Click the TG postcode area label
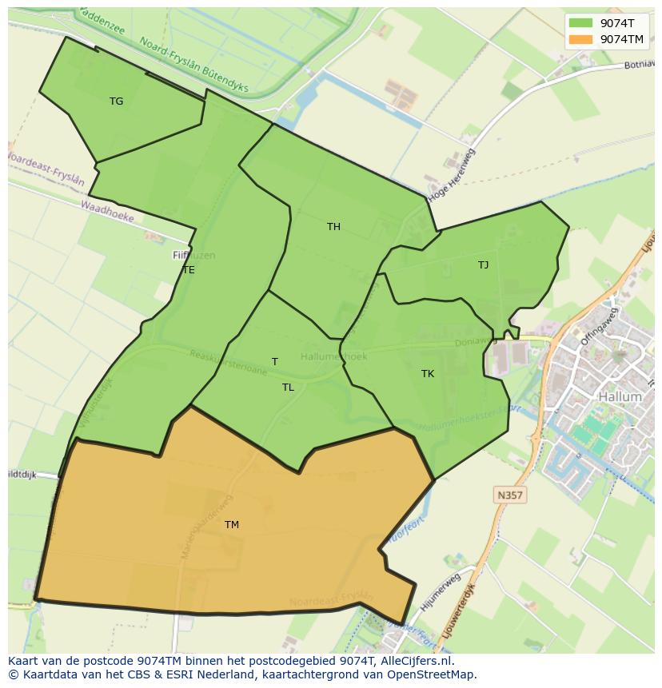(x=117, y=101)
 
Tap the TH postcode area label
(x=333, y=227)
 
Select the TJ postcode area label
(x=483, y=265)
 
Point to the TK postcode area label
(x=428, y=374)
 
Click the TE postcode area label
(x=189, y=270)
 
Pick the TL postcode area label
(x=288, y=388)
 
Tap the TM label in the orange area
(x=231, y=525)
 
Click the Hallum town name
(x=620, y=396)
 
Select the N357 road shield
(x=509, y=495)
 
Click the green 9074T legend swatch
(x=580, y=23)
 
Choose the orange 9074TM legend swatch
(x=580, y=39)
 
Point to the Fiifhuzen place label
(x=193, y=256)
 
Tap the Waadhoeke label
(x=107, y=211)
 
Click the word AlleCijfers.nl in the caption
(x=414, y=661)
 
